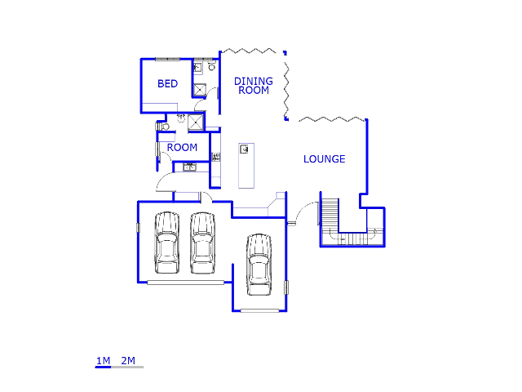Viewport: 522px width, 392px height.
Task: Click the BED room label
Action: (167, 84)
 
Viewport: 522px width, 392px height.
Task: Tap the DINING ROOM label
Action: (254, 86)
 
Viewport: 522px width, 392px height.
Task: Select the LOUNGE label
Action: (324, 159)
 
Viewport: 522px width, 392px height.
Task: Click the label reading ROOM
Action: (182, 148)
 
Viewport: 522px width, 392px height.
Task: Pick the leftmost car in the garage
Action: (167, 243)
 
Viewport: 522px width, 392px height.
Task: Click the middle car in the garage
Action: (202, 243)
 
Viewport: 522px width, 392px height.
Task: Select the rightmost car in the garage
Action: (259, 264)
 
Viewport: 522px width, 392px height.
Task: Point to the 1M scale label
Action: (103, 361)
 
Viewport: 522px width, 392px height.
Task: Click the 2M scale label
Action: (128, 361)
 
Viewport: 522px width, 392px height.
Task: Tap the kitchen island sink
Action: (244, 149)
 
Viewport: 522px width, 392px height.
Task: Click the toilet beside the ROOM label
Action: (161, 127)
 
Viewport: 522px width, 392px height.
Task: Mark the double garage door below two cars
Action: (185, 283)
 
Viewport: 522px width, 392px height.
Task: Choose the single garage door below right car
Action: (259, 310)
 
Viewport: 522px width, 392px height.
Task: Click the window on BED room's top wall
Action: (167, 59)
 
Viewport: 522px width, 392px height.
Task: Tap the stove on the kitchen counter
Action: (216, 156)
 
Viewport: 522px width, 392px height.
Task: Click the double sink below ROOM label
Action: (189, 167)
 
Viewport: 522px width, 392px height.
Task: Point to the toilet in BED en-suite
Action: (211, 67)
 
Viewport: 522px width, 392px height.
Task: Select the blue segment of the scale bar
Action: (103, 367)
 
